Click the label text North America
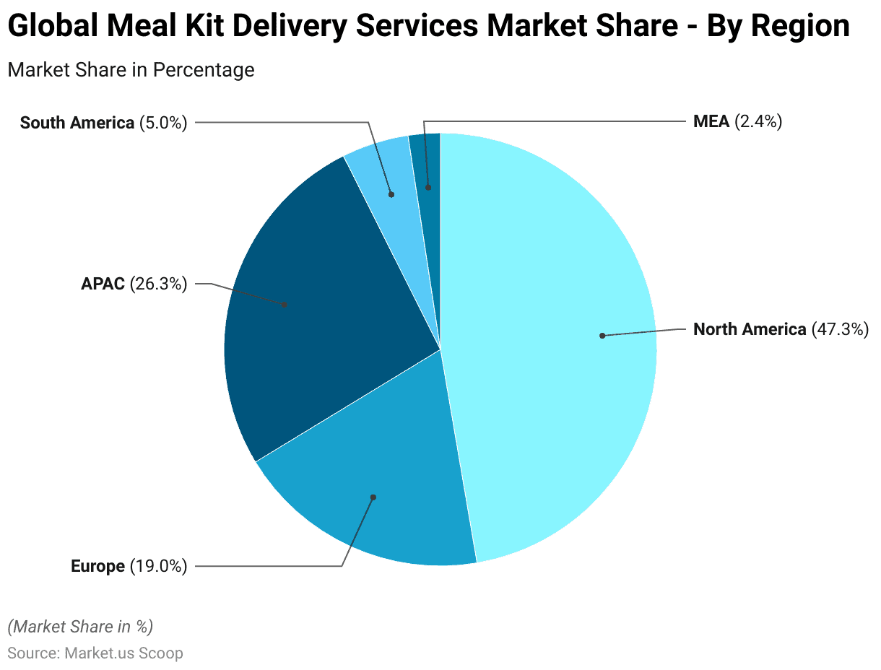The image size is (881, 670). point(749,330)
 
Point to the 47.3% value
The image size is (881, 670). point(840,330)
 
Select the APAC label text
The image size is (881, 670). point(103,284)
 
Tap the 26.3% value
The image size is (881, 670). point(158,284)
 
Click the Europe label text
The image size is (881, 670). point(97,567)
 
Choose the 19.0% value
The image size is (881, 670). point(158,567)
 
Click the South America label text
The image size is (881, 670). point(77,123)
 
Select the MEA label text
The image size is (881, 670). point(711,121)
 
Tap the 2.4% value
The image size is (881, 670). point(758,121)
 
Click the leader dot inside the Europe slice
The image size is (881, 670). point(373,497)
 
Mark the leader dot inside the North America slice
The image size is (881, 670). point(602,336)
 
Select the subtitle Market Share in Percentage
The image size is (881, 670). point(131,70)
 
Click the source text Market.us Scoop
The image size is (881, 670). point(123,653)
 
